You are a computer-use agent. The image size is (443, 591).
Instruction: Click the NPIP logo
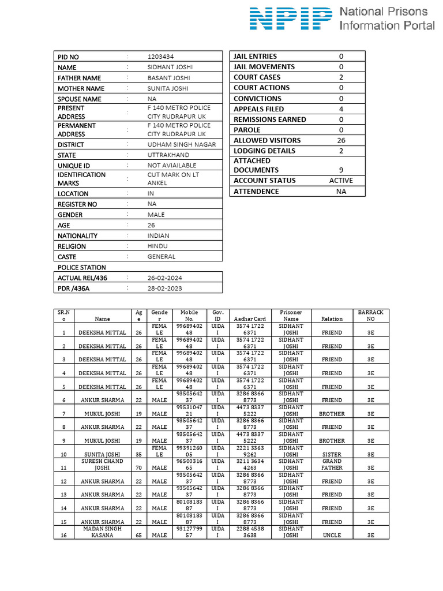[291, 18]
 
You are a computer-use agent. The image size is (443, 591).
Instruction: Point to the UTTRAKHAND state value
[170, 155]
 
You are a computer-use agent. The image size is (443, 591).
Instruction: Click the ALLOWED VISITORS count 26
[341, 140]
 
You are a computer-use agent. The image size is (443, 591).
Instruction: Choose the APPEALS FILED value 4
[341, 109]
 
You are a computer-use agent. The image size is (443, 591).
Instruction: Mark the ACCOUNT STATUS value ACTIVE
[341, 181]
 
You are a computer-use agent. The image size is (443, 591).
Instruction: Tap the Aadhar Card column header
[250, 319]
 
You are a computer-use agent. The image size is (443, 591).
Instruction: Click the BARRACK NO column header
[371, 315]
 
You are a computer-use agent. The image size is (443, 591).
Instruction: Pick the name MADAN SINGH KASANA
[102, 532]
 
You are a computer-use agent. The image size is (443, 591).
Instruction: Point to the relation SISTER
[332, 454]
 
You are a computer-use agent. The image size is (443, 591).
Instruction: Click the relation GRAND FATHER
[332, 465]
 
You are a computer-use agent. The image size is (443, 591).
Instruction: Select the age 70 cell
[138, 467]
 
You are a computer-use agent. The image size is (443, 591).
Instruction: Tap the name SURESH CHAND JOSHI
[102, 465]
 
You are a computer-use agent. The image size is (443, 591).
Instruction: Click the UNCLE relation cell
[332, 535]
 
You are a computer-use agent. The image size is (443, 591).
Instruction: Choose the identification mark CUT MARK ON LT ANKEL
[173, 178]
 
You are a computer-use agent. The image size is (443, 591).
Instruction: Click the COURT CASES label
[257, 77]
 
